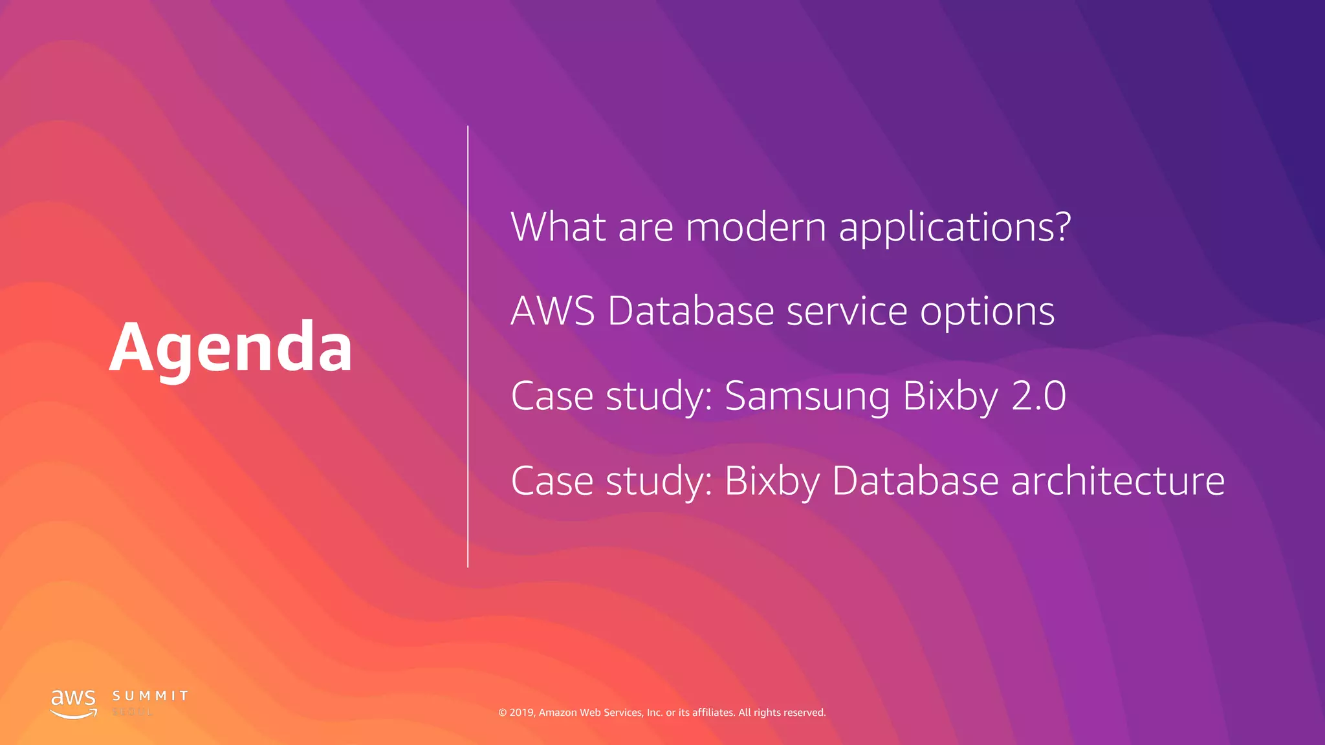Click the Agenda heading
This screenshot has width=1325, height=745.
click(231, 347)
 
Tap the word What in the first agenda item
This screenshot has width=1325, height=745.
click(558, 227)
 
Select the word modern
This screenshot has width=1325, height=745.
click(756, 227)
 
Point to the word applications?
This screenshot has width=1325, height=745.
click(955, 228)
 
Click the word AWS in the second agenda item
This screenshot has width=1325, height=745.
click(553, 311)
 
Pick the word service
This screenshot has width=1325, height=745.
click(847, 311)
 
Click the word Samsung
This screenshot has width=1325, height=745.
click(807, 396)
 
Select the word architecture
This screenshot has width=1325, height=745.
click(1117, 480)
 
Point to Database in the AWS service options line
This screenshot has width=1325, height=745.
click(691, 311)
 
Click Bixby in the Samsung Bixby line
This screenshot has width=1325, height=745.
click(950, 396)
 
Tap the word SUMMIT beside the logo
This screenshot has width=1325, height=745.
click(150, 696)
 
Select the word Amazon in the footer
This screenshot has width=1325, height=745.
click(558, 713)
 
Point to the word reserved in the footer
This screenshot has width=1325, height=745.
click(804, 713)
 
